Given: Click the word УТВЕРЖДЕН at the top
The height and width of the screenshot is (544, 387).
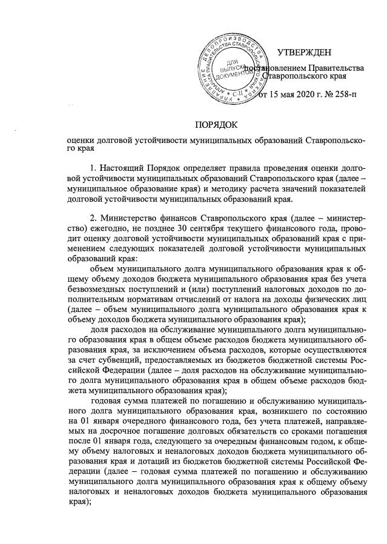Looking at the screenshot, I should (x=306, y=54).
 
